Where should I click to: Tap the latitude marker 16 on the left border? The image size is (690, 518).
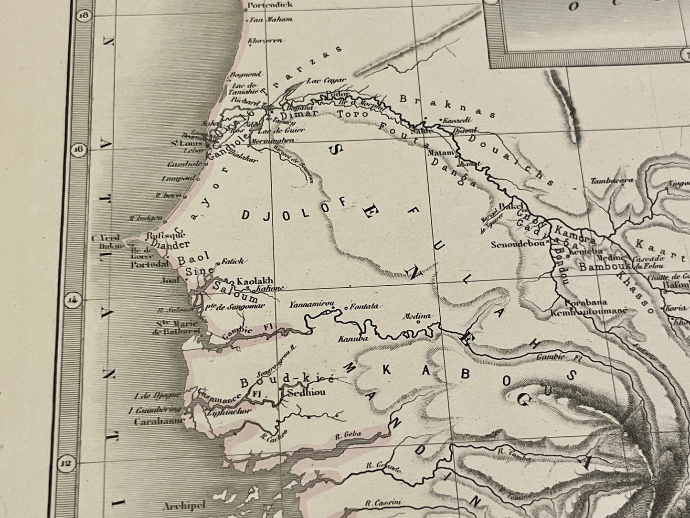click(78, 150)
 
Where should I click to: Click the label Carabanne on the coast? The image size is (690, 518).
click(153, 422)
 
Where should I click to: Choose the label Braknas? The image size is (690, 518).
click(446, 106)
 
